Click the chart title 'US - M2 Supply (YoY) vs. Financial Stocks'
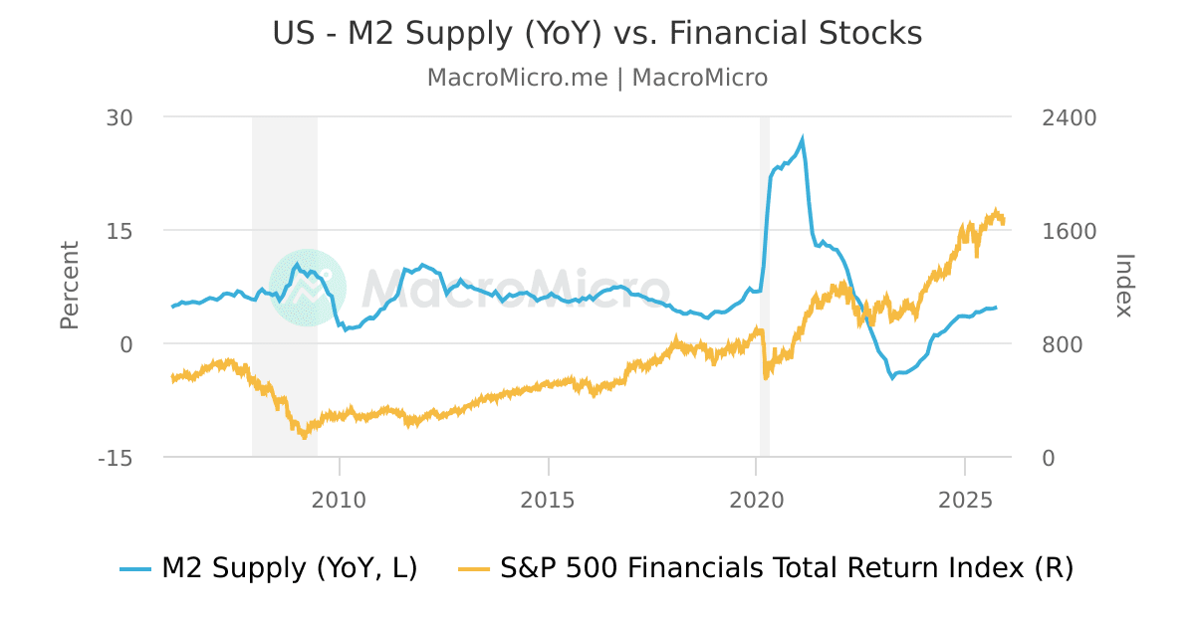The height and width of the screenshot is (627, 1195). pos(597,34)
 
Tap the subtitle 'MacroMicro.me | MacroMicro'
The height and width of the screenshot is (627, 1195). pos(597,78)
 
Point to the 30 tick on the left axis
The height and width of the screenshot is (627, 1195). pos(120,117)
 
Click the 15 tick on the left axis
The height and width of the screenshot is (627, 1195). pos(120,231)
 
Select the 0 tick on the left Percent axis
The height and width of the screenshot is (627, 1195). pos(126,344)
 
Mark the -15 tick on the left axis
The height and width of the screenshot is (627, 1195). pos(117,458)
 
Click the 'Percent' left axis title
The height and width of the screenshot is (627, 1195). pos(70,286)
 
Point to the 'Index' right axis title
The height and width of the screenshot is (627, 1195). pos(1124,286)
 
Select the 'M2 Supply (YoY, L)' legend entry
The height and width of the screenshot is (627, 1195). pos(269,568)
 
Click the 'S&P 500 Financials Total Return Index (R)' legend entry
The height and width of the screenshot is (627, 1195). pos(765,568)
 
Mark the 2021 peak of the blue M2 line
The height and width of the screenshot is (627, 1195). pos(803,139)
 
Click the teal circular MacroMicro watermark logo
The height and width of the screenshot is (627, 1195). pos(308,287)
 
